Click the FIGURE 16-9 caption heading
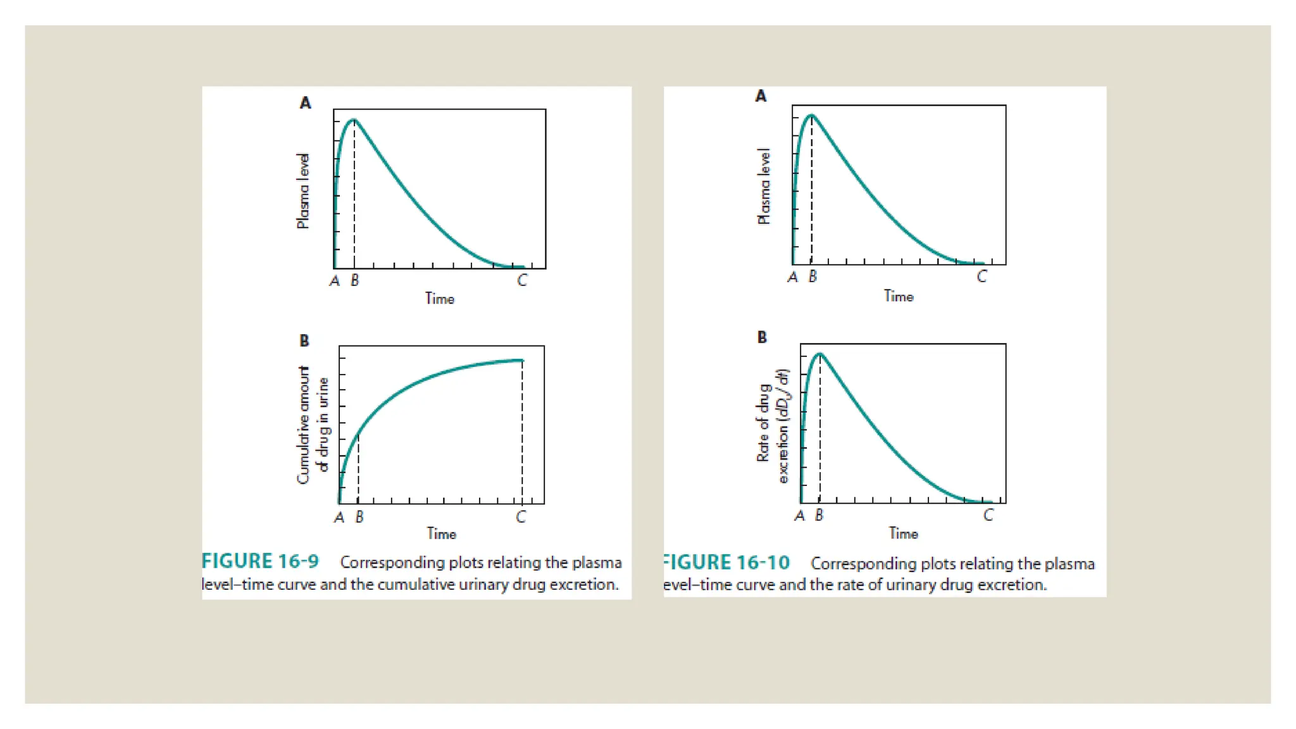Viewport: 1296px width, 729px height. [260, 561]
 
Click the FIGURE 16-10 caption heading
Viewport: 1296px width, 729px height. [726, 563]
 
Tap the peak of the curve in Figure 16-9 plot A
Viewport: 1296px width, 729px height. [354, 120]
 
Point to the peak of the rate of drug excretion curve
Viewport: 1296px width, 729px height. [819, 354]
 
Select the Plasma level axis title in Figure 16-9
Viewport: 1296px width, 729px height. [303, 190]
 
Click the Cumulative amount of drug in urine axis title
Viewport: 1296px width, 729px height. [313, 425]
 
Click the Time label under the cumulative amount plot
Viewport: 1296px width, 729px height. [441, 534]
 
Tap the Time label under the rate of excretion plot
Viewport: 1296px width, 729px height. [903, 533]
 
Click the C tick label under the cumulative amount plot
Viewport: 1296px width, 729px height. [521, 517]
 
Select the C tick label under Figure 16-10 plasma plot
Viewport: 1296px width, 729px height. [981, 277]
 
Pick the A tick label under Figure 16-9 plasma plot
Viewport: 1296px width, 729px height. [335, 281]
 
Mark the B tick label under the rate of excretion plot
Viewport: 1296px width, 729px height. [819, 515]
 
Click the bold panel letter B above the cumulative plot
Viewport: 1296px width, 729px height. [304, 340]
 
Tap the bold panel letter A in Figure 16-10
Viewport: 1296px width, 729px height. [761, 96]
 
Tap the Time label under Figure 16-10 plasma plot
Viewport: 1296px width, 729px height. [899, 296]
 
